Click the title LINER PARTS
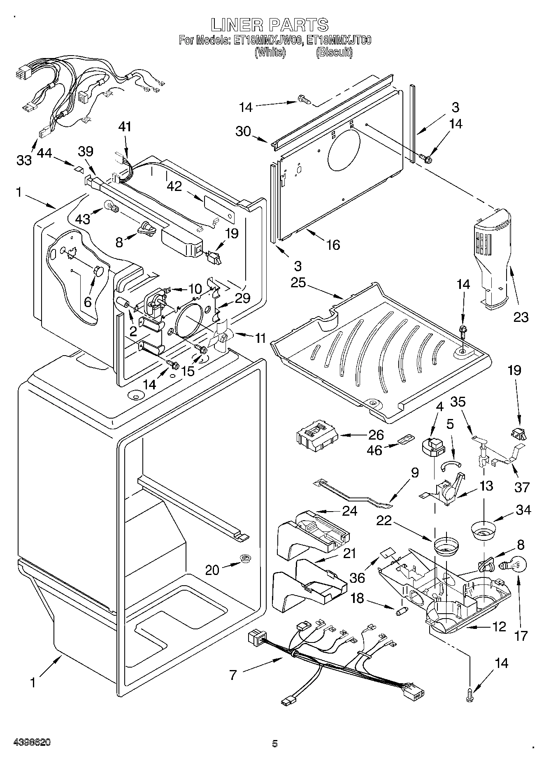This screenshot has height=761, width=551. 270,25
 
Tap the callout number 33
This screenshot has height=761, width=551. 24,160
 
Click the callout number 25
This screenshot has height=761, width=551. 299,283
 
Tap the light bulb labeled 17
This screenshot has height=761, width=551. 510,566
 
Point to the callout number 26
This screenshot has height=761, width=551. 375,435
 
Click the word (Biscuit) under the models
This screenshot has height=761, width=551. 334,53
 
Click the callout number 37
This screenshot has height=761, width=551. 521,487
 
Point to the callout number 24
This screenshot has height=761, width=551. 349,510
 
